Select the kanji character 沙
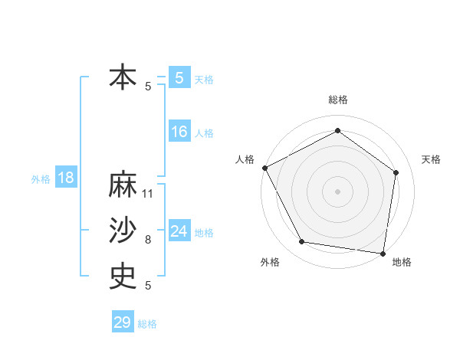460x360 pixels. tap(123, 231)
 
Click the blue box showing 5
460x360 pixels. tap(179, 77)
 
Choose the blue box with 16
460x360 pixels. tap(179, 132)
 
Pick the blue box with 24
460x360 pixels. tap(179, 231)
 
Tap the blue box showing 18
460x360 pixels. tap(66, 178)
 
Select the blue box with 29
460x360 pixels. tap(122, 322)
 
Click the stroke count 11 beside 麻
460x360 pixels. tap(149, 194)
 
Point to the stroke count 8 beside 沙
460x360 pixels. tap(148, 240)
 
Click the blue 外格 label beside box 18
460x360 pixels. tap(41, 179)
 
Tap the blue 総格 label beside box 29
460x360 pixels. tap(147, 324)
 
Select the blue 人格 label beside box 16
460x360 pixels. tap(204, 133)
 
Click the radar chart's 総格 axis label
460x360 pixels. tap(338, 100)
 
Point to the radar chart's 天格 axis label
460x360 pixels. tap(432, 159)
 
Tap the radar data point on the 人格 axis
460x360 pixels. tap(264, 168)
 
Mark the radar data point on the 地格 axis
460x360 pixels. tap(383, 253)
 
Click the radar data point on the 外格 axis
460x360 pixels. tap(302, 242)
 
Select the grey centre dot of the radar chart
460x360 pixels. tap(337, 191)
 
